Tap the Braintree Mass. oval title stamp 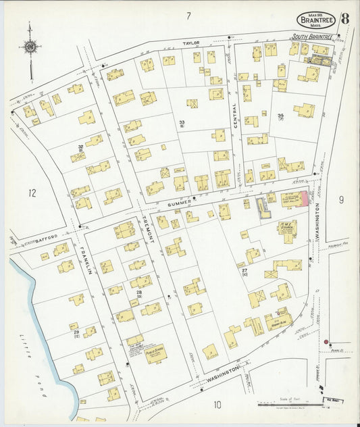pyautogui.click(x=316, y=20)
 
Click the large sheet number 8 pyautogui.click(x=344, y=18)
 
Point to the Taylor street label pyautogui.click(x=191, y=43)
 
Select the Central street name pyautogui.click(x=234, y=116)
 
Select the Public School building pyautogui.click(x=156, y=353)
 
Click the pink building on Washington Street pyautogui.click(x=304, y=199)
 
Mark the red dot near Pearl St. pyautogui.click(x=326, y=342)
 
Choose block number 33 pyautogui.click(x=182, y=122)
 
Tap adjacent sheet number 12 pyautogui.click(x=32, y=193)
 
